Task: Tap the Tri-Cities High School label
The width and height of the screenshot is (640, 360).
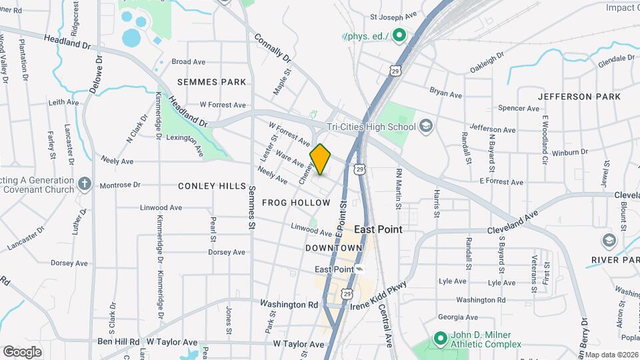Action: [x=371, y=127]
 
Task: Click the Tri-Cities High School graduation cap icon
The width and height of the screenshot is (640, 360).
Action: [x=426, y=127]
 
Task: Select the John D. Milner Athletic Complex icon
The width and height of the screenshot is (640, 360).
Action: [x=440, y=339]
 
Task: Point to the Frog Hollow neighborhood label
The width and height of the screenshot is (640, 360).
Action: [x=296, y=202]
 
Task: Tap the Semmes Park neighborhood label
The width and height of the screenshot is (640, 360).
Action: [x=211, y=81]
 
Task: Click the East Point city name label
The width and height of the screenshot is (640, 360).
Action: [x=378, y=229]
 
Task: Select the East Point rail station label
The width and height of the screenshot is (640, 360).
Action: [x=333, y=269]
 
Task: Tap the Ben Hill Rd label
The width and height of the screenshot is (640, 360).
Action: [x=118, y=341]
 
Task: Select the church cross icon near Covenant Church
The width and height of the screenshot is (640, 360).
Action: [x=84, y=183]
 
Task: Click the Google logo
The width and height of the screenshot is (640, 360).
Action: [x=22, y=351]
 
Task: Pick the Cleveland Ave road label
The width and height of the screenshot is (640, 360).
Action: [x=512, y=224]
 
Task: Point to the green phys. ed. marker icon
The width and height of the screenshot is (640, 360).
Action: [x=399, y=36]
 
